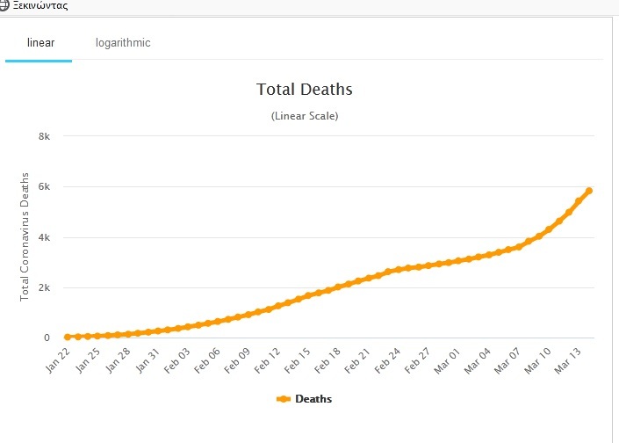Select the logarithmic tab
123,43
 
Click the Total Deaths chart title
304,89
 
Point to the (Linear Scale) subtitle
304,116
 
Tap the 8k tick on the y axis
44,136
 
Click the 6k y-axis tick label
44,186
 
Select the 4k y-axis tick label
44,237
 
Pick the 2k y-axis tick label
44,287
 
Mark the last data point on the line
589,190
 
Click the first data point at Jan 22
68,337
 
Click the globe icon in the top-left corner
4,4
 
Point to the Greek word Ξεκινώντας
40,5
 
